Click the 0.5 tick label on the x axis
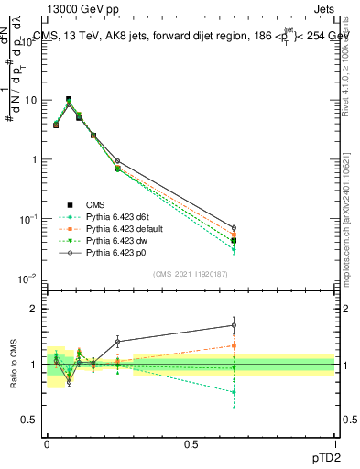point(191,443)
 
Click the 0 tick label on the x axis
point(47,443)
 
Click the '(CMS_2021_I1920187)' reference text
point(191,272)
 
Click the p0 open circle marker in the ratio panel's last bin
point(234,325)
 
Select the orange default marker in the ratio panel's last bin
point(234,345)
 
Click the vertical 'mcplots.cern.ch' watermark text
point(352,238)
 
